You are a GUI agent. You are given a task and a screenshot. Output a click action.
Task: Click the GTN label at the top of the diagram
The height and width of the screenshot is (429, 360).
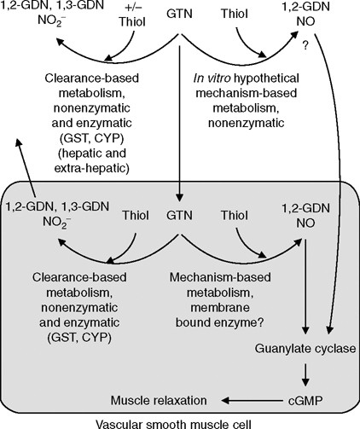click(x=181, y=15)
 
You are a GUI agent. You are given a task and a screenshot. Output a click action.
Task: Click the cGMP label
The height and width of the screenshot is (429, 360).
click(x=303, y=399)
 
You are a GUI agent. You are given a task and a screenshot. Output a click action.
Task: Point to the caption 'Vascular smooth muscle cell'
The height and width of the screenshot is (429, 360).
click(x=181, y=421)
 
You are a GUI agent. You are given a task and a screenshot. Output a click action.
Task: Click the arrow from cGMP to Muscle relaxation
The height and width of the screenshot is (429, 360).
click(x=247, y=399)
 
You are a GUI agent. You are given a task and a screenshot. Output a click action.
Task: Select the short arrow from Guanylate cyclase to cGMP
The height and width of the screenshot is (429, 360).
click(x=304, y=373)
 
